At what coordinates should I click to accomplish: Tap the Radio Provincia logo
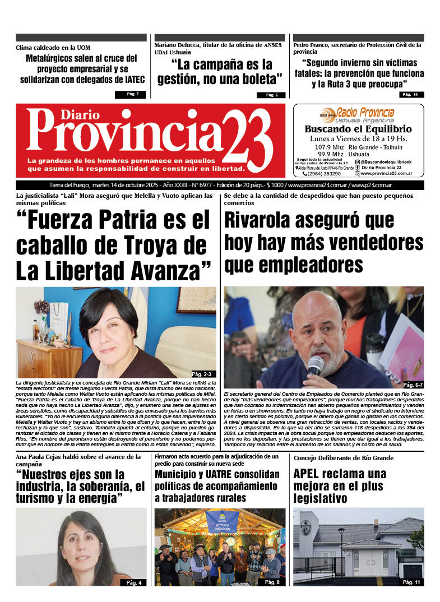click(x=358, y=114)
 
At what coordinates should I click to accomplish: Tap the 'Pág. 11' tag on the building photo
click(x=411, y=582)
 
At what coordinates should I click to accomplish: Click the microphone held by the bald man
click(x=315, y=365)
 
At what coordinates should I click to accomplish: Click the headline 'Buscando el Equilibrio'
click(x=358, y=129)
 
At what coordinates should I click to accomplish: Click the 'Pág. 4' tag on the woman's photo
click(x=135, y=582)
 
